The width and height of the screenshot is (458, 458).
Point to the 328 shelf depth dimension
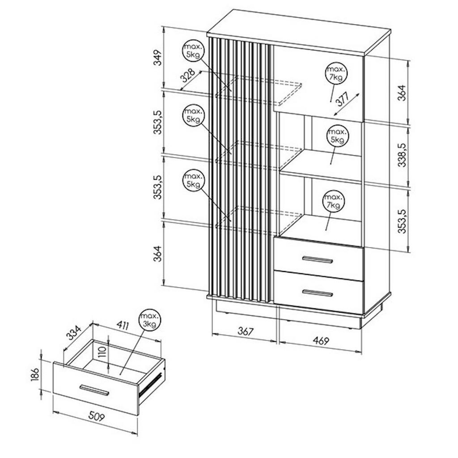pyautogui.click(x=187, y=76)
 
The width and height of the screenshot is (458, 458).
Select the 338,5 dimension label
pyautogui.click(x=402, y=154)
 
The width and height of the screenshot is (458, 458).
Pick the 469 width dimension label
pyautogui.click(x=321, y=340)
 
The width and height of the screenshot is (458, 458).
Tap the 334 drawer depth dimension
pyautogui.click(x=74, y=333)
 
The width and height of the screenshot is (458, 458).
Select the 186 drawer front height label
pyautogui.click(x=35, y=374)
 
